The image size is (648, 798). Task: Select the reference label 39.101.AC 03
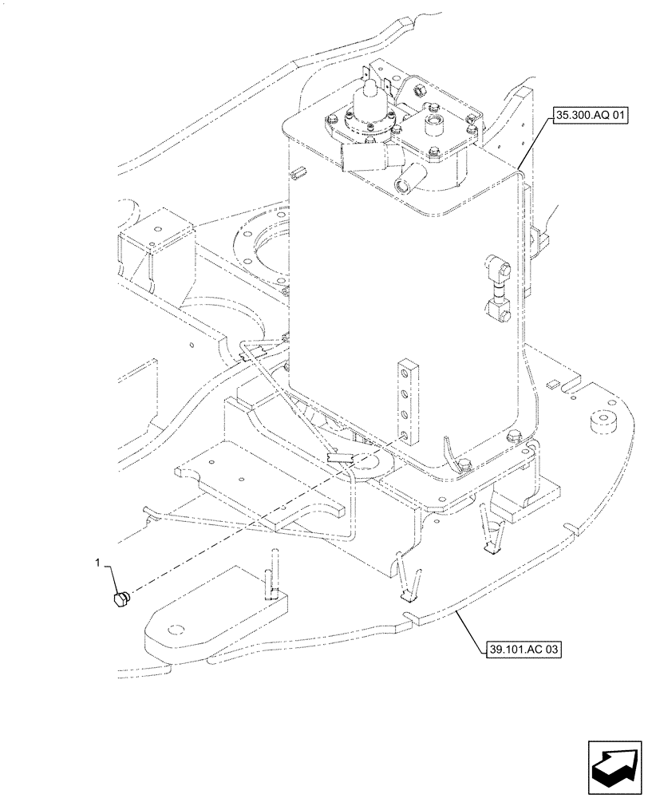(523, 650)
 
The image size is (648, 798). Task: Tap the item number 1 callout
(98, 563)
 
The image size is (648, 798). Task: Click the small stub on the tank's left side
(300, 171)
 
